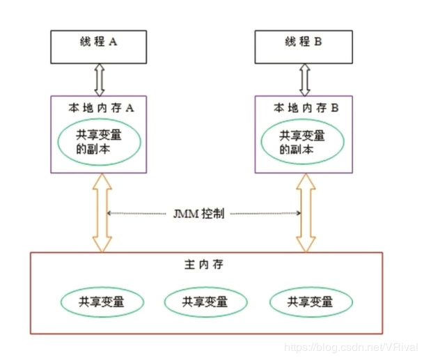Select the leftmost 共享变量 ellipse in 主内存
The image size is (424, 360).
tap(102, 302)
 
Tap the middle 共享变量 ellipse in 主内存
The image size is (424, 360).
tap(205, 302)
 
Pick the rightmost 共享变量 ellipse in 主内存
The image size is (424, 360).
tap(308, 302)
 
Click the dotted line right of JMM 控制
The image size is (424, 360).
tap(265, 214)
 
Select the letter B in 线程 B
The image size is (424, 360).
tap(319, 42)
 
